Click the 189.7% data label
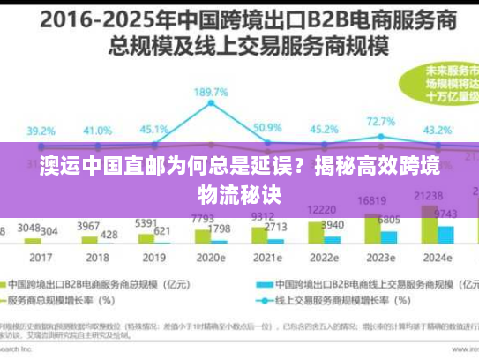[212, 93]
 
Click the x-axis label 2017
[41, 257]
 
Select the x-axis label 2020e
[211, 257]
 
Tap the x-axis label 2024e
[438, 257]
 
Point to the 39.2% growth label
[41, 130]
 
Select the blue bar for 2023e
[390, 236]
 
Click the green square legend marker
[14, 284]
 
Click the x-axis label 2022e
[325, 257]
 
